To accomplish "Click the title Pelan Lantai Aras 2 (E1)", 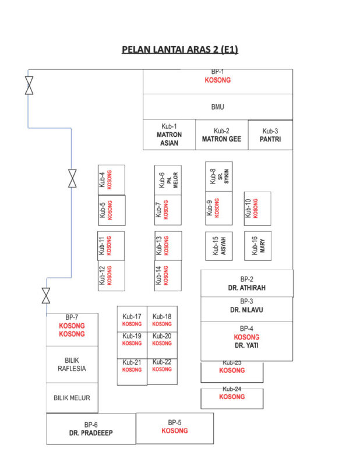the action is click(180, 50).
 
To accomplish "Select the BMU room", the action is click(218, 107).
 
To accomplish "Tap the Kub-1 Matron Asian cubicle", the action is click(169, 135).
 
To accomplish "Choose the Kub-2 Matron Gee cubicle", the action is click(222, 135).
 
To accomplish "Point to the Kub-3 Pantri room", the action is click(270, 135).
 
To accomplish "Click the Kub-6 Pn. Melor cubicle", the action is click(168, 180).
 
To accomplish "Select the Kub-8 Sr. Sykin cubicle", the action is click(219, 176).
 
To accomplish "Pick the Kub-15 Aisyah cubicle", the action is click(219, 246).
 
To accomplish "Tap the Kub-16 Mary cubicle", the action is click(257, 246).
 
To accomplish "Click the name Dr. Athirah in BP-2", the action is click(247, 288).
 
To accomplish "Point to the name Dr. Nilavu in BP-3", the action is click(246, 310).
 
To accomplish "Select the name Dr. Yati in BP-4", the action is click(246, 345).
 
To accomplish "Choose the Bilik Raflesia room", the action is click(72, 365).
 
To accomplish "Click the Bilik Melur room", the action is click(72, 398).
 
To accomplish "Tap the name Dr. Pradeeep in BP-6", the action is click(91, 433).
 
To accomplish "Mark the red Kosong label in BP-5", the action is click(175, 430).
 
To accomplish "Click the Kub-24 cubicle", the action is click(232, 398).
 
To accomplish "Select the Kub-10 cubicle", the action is click(257, 209).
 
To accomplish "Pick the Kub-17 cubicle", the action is click(132, 319).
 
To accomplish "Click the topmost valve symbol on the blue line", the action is click(29, 85).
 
